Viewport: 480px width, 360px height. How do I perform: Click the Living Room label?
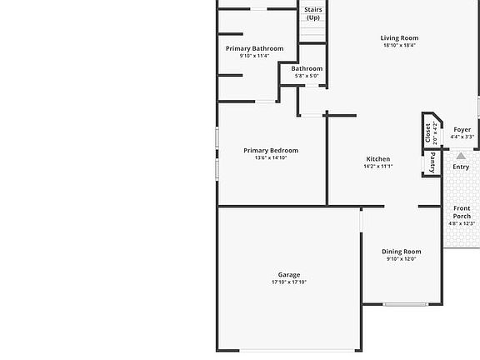(399, 38)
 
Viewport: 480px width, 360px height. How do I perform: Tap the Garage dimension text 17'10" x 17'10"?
(289, 282)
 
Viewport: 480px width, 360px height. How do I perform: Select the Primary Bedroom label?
(271, 150)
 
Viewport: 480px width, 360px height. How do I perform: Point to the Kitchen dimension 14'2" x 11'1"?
(378, 166)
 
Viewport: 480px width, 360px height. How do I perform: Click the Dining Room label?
(402, 252)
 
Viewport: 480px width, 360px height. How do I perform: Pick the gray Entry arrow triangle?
(461, 156)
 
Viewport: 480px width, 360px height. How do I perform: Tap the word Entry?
(461, 167)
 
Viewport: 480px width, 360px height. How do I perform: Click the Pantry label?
(432, 162)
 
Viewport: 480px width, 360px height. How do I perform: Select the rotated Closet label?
(428, 132)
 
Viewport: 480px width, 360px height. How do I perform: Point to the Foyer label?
(462, 129)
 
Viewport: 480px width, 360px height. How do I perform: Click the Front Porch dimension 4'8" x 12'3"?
(462, 223)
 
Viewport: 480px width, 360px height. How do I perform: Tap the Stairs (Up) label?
(313, 14)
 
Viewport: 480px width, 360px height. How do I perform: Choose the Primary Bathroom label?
(255, 48)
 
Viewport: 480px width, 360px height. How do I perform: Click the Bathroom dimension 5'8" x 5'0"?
(307, 76)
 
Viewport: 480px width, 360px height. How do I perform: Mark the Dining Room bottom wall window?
(406, 304)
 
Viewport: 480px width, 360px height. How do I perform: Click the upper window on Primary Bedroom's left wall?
(217, 138)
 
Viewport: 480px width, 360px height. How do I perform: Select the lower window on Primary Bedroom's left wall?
(217, 169)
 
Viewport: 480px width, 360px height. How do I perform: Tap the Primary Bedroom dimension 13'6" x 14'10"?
(271, 158)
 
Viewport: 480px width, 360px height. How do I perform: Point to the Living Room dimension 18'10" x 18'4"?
(399, 45)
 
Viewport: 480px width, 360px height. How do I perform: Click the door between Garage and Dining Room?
(361, 222)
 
